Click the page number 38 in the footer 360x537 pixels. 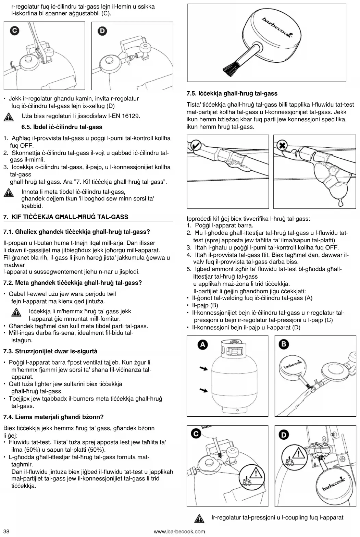(6, 532)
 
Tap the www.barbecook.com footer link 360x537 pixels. (179, 532)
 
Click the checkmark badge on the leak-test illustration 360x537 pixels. (196, 145)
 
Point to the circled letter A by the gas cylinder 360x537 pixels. (203, 344)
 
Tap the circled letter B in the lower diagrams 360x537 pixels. (284, 344)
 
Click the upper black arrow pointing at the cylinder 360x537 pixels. (204, 368)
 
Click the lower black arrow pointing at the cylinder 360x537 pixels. (204, 390)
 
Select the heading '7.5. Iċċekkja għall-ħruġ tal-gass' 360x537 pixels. (232, 94)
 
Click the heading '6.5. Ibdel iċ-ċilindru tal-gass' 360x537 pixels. (62, 127)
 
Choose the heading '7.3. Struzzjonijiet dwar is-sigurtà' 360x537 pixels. (50, 351)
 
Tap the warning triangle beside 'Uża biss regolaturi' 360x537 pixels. (8, 117)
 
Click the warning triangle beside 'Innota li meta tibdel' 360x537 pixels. (8, 193)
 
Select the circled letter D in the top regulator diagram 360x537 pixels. (102, 31)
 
